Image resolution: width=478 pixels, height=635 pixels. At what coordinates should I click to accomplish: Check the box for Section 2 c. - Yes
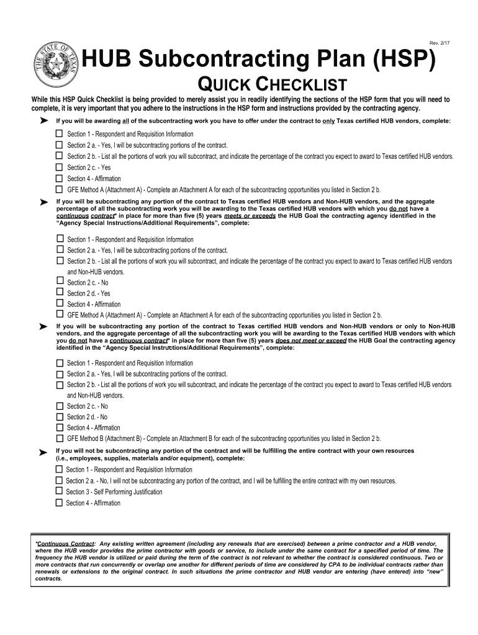(60, 167)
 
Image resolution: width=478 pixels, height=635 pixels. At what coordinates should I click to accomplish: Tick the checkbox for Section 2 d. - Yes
(60, 293)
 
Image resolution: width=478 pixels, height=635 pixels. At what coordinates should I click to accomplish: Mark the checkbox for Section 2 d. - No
(60, 417)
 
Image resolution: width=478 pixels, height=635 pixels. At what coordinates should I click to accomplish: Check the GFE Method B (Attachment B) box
(60, 438)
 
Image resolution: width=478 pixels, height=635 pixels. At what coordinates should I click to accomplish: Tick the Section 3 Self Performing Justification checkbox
(59, 492)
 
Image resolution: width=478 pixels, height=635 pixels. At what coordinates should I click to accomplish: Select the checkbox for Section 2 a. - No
(59, 481)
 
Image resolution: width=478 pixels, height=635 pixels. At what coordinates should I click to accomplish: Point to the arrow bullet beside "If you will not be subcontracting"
(43, 453)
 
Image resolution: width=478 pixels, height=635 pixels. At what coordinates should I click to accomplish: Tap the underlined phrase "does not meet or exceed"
(311, 340)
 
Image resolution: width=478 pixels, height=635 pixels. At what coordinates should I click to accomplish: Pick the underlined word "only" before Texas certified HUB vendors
(328, 121)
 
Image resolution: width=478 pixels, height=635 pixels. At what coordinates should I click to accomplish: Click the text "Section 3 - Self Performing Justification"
(114, 492)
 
